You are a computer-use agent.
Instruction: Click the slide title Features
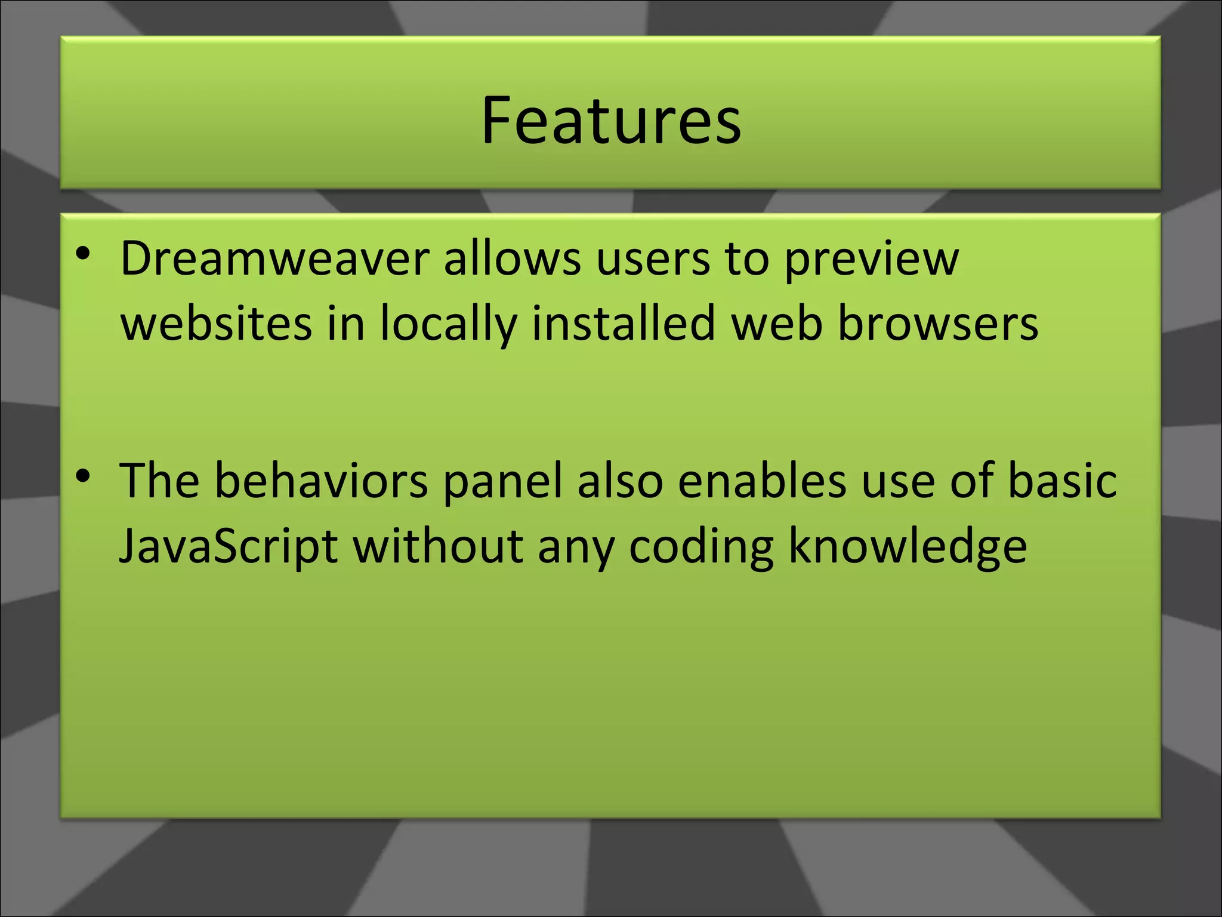tap(611, 121)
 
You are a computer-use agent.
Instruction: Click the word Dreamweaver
tap(274, 259)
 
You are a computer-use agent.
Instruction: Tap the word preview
tap(871, 261)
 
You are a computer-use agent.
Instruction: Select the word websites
tap(216, 324)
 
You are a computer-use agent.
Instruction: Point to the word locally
tap(448, 325)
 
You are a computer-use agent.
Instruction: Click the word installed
tap(623, 324)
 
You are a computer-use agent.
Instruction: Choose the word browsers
tap(938, 324)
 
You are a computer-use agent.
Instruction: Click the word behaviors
tap(321, 481)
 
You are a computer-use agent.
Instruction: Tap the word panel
tap(502, 482)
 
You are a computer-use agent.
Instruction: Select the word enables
tap(761, 481)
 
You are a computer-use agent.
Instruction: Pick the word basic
tap(1062, 481)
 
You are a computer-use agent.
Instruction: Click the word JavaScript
tap(229, 547)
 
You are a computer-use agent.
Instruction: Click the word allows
tap(512, 259)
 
